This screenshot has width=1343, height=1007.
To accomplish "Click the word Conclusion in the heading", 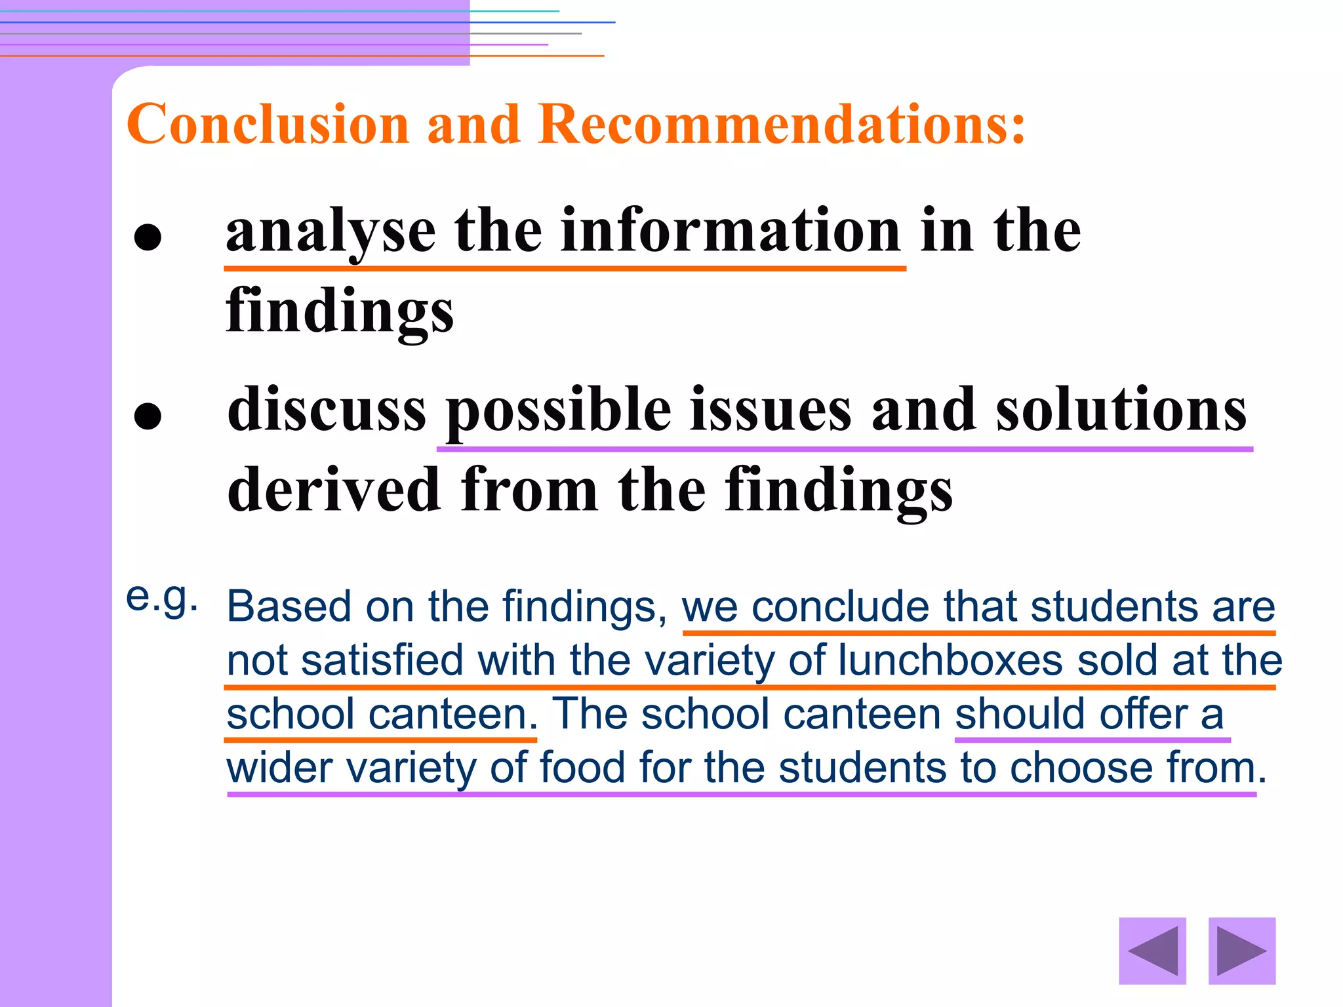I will [x=268, y=124].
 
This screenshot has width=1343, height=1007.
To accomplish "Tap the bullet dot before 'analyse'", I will [x=148, y=237].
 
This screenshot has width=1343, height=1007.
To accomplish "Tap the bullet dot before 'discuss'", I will [x=148, y=416].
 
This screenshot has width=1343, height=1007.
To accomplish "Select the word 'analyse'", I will [x=331, y=233].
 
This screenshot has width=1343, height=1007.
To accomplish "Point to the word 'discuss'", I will [x=327, y=410].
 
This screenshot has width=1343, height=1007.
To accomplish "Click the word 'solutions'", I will [x=1121, y=410].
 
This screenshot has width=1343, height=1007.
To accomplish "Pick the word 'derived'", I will [x=334, y=490].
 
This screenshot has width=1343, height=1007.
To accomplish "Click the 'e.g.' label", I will [x=161, y=599].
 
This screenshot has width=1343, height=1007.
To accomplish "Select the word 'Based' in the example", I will [x=289, y=606].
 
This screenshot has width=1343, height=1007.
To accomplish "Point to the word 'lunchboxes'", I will [x=950, y=660].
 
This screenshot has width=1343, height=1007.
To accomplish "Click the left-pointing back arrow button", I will [x=1152, y=951].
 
